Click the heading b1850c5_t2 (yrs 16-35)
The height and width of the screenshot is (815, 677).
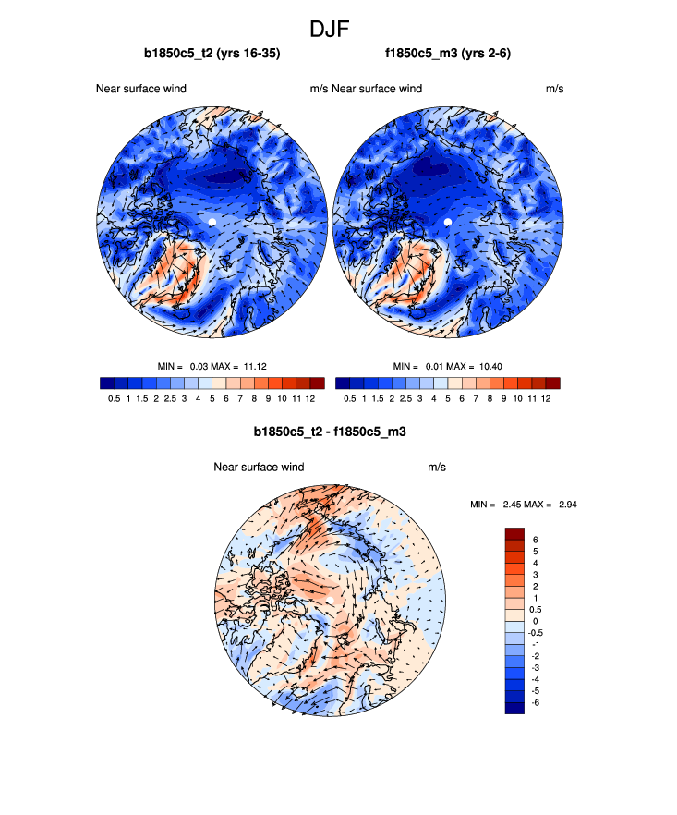[x=212, y=54]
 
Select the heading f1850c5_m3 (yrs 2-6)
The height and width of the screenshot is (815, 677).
[x=448, y=54]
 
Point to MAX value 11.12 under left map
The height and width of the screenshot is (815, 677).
[x=253, y=367]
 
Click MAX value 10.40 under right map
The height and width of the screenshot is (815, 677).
[x=490, y=367]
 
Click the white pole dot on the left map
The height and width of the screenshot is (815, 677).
[x=212, y=223]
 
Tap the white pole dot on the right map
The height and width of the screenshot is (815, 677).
[x=448, y=223]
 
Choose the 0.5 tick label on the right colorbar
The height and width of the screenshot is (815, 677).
[x=350, y=399]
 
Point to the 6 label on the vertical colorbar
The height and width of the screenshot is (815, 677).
[x=535, y=539]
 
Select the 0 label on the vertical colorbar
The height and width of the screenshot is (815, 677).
[x=535, y=621]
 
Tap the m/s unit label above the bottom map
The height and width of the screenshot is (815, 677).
[x=437, y=468]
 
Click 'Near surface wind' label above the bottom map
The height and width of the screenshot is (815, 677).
[x=259, y=468]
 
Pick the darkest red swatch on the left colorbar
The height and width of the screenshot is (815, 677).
[x=317, y=383]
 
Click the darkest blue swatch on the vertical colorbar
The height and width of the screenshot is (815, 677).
[x=514, y=707]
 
